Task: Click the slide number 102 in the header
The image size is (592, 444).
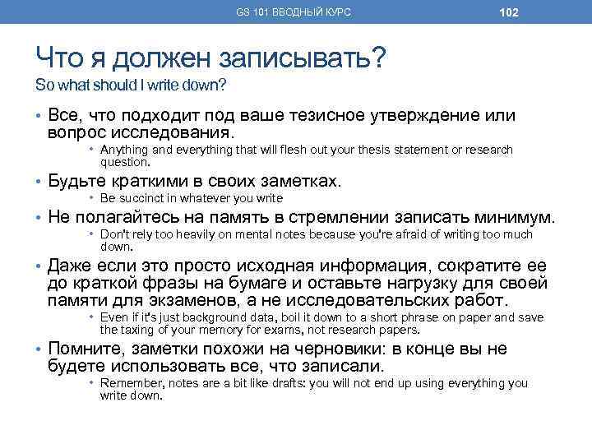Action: click(x=508, y=12)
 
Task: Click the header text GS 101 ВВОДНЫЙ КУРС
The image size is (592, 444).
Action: click(x=294, y=12)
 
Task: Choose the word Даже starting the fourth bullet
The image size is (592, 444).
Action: click(x=69, y=266)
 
